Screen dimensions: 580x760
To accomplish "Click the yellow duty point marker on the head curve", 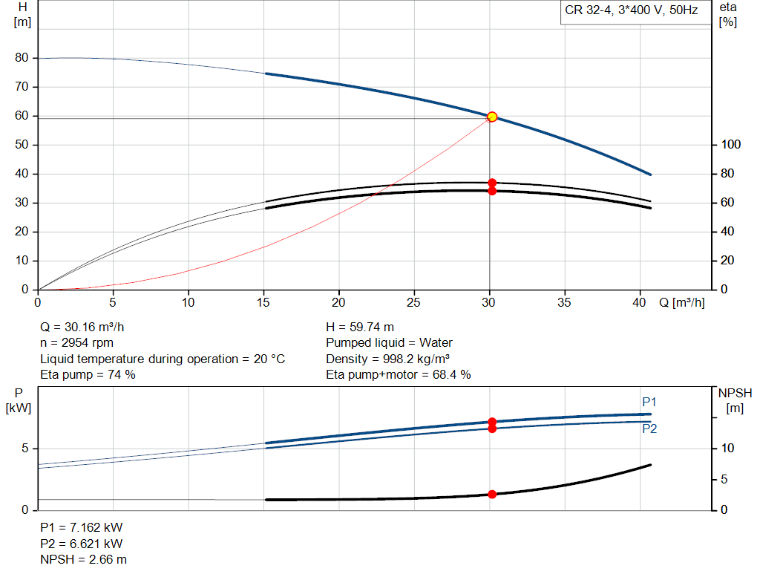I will tap(491, 117).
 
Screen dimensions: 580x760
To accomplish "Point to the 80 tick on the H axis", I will tap(22, 58).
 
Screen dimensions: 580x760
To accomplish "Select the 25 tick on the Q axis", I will tap(414, 303).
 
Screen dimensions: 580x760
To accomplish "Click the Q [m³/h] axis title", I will tap(681, 303).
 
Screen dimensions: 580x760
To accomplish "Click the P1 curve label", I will tap(649, 402).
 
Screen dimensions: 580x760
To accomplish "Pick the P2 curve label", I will tap(649, 429).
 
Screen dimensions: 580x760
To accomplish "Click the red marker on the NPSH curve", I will tap(491, 494).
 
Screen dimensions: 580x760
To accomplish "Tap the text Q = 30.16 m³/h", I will tap(87, 327).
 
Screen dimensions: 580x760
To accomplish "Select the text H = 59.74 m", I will tap(360, 327).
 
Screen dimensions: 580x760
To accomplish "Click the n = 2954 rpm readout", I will tap(77, 342).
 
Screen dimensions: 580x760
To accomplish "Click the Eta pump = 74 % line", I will tap(88, 374).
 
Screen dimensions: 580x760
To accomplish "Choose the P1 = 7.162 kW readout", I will tap(81, 527).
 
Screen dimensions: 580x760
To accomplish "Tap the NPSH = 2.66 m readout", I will tap(82, 559).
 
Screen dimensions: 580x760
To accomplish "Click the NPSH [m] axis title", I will tap(734, 400).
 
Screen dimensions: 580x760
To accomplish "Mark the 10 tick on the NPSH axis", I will tap(728, 449).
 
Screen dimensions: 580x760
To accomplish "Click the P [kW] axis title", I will tap(17, 400).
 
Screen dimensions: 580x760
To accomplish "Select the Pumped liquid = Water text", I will tap(389, 342).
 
